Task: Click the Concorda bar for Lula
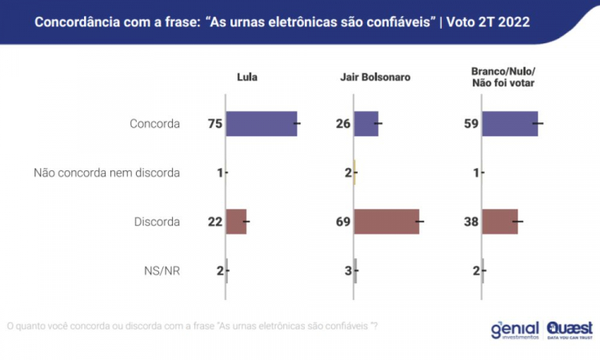(x=261, y=124)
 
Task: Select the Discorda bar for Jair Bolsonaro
(x=386, y=222)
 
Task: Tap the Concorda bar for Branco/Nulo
(x=510, y=124)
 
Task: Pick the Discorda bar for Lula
(x=236, y=222)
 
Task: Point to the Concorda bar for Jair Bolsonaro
(x=366, y=124)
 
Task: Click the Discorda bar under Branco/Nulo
(x=500, y=222)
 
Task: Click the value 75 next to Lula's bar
(x=214, y=124)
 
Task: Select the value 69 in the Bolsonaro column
(x=342, y=222)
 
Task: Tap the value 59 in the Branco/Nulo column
(x=470, y=124)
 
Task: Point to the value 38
(x=470, y=222)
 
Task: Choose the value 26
(x=342, y=124)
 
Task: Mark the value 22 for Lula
(x=214, y=222)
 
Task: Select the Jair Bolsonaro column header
(x=375, y=78)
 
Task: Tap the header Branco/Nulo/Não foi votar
(x=503, y=77)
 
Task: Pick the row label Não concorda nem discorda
(x=106, y=173)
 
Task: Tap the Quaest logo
(x=570, y=330)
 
